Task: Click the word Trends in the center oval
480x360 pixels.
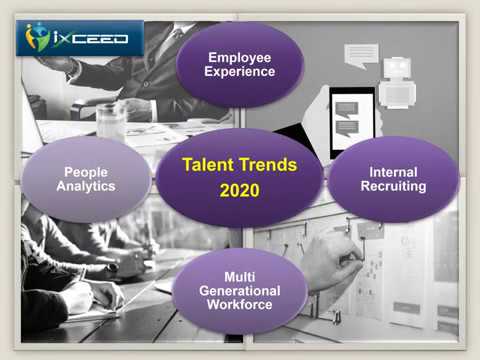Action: pos(268,165)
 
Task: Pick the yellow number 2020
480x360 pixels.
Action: pos(239,190)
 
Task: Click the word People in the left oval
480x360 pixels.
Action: pos(85,172)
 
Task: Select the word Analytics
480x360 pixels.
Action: pos(85,186)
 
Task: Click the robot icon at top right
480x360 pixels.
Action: pos(398,77)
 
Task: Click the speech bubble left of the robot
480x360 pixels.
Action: pos(361,53)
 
